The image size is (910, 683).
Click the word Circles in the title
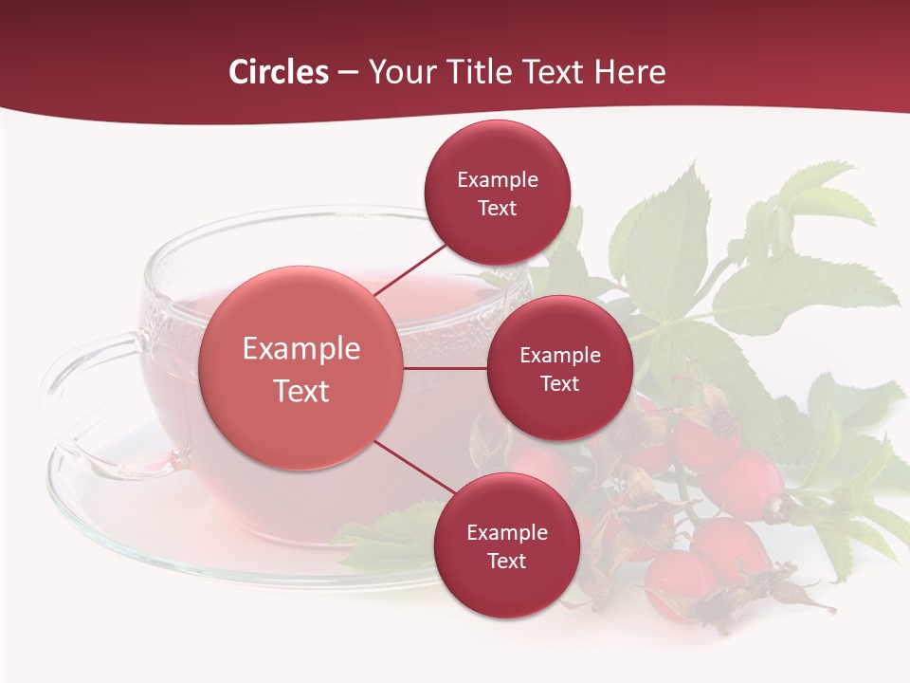[x=278, y=72]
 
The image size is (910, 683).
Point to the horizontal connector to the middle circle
[x=446, y=368]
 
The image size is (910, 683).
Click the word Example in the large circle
[x=301, y=349]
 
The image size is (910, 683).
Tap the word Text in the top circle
[x=497, y=209]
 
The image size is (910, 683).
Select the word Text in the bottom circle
[x=506, y=562]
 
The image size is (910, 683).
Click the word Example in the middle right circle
[x=559, y=356]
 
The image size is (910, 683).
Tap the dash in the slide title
[x=348, y=73]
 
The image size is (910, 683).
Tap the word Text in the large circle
[x=301, y=391]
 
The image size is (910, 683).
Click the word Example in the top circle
[x=497, y=180]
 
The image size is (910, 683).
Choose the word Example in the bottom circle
[x=506, y=533]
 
